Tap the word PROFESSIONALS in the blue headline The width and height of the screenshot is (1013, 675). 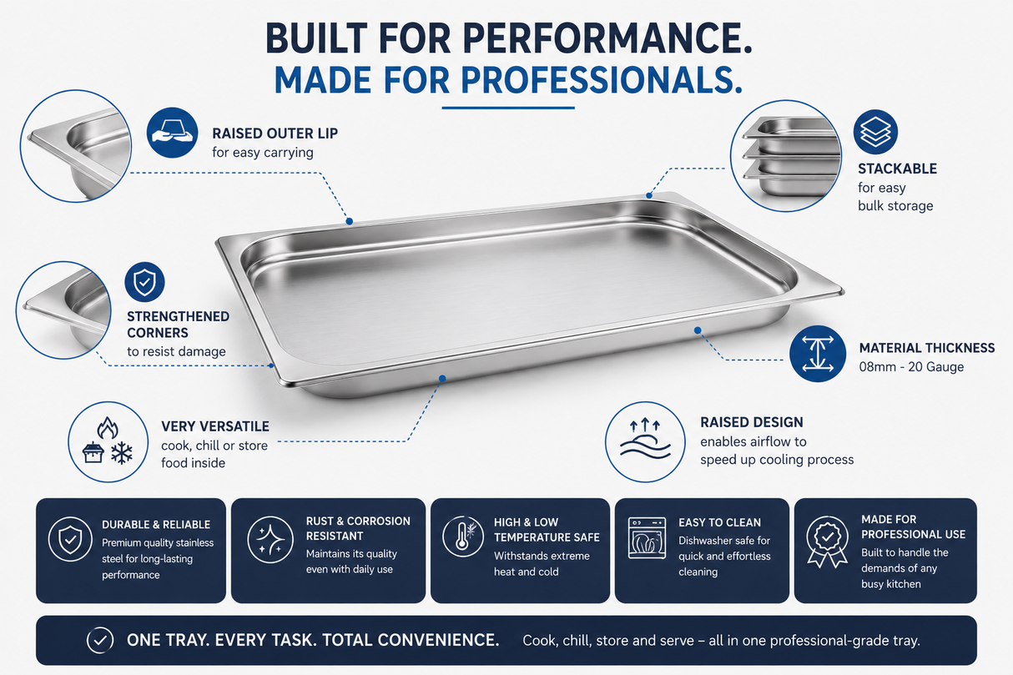[601, 80]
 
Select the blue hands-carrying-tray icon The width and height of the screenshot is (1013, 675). [172, 133]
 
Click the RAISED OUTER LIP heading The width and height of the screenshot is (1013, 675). [275, 133]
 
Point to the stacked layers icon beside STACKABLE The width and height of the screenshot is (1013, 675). [875, 132]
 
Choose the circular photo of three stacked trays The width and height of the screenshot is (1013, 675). [785, 156]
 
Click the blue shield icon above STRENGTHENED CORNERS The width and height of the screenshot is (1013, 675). [144, 282]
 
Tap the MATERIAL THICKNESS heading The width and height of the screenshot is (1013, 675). [926, 348]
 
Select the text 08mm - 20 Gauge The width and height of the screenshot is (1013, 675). [911, 366]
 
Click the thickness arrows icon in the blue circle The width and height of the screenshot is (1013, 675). [818, 354]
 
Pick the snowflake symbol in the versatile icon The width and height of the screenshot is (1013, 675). [122, 453]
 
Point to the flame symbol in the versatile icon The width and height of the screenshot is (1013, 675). [108, 428]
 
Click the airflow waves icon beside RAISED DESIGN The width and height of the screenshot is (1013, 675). [645, 441]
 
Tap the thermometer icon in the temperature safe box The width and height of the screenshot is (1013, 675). [462, 536]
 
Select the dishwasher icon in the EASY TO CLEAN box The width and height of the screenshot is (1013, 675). [647, 538]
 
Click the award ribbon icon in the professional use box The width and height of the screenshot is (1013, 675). [827, 542]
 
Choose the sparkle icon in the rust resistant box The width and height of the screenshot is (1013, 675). [270, 539]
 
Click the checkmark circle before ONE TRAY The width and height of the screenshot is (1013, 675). [100, 640]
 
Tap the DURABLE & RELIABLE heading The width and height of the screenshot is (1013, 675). [156, 525]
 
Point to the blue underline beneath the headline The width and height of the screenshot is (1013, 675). [508, 108]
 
